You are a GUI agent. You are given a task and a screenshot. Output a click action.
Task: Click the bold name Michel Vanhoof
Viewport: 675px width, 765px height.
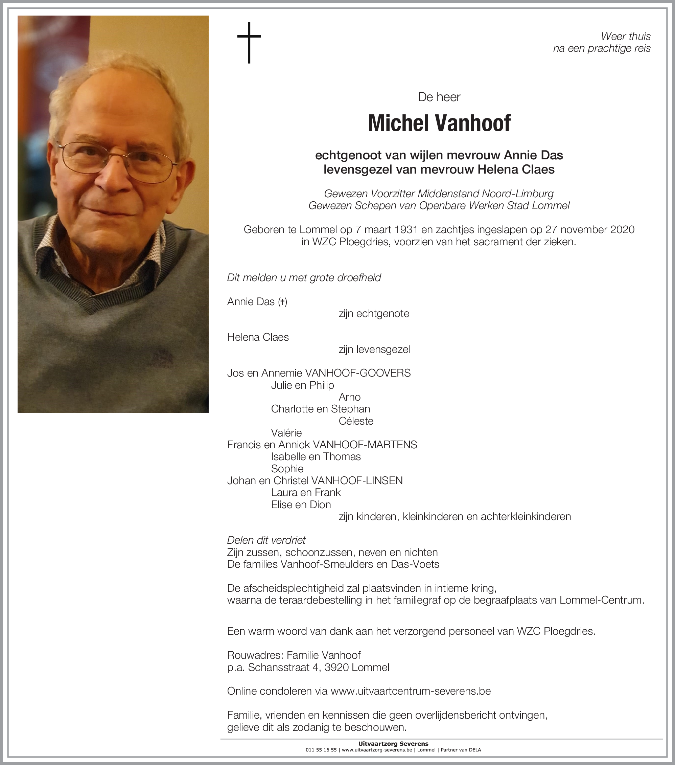point(439,123)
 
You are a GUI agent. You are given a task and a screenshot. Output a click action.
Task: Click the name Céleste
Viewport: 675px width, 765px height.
point(356,421)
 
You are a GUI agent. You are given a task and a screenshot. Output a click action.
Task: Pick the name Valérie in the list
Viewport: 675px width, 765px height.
point(286,433)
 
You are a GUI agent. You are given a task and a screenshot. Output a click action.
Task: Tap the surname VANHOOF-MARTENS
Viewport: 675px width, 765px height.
point(365,445)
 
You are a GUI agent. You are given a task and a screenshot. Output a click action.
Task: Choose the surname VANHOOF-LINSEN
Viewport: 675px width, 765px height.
point(357,480)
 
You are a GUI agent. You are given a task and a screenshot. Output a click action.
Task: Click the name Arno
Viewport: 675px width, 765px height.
point(349,397)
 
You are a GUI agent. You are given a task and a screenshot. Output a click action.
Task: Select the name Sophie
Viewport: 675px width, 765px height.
point(287,469)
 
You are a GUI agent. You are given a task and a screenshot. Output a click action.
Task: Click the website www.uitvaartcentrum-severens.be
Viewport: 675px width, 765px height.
point(411,691)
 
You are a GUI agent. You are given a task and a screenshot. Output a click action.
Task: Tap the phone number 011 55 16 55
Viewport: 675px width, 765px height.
point(321,750)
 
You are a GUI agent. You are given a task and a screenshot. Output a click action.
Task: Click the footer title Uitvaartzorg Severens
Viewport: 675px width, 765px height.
point(393,744)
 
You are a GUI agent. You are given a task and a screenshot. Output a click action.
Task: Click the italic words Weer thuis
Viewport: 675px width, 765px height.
point(626,36)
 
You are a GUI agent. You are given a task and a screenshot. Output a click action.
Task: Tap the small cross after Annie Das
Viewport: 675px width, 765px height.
point(283,302)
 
